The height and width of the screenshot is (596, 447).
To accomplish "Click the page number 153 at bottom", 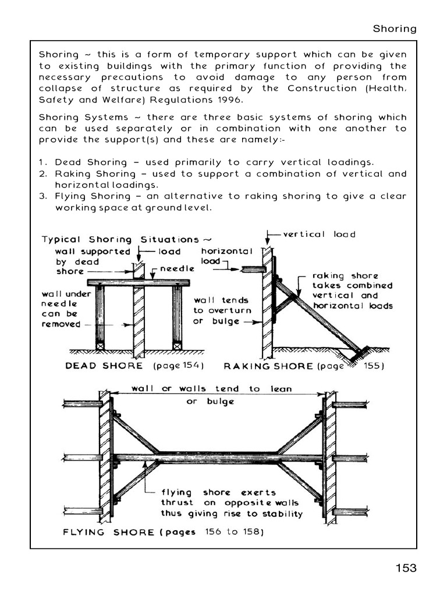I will tap(406, 567).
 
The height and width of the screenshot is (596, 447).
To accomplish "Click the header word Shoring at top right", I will tap(395, 29).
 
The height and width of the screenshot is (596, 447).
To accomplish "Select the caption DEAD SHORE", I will tap(104, 366).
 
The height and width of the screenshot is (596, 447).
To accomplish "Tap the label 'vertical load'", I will tap(319, 234).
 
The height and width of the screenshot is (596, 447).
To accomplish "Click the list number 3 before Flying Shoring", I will tap(43, 196).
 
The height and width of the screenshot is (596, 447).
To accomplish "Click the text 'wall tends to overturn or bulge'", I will tap(221, 311).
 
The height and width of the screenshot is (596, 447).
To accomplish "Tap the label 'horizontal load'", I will tap(226, 256).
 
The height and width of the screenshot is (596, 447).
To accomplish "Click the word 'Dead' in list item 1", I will tap(68, 162).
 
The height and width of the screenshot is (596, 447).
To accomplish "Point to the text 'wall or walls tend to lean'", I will tap(211, 388).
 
